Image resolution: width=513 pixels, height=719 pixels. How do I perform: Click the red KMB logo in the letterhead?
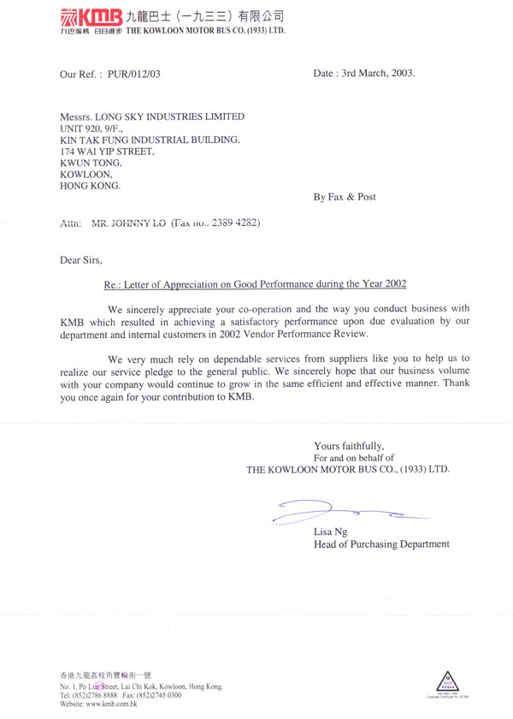pos(91,16)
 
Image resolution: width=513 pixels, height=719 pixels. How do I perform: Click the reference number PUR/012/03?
pos(133,74)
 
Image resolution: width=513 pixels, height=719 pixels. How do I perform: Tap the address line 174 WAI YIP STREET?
pos(107,151)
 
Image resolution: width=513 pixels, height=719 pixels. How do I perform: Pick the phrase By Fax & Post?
pos(345,197)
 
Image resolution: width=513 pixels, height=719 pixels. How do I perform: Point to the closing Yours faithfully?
pos(349,446)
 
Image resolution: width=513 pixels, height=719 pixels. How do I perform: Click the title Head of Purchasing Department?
pos(381,544)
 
